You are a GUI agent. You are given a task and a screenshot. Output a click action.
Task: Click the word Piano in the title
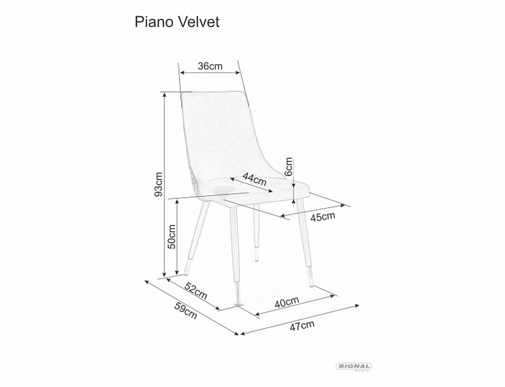153,22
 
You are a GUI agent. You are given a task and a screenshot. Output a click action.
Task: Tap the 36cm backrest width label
210,66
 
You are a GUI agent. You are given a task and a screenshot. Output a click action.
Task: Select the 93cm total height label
158,184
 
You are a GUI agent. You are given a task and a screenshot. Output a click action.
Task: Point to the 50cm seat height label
172,236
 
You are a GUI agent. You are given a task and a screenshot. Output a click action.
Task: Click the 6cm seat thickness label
289,166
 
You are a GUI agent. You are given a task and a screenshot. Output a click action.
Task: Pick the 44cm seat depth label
254,180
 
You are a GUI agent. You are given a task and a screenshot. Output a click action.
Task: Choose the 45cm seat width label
323,216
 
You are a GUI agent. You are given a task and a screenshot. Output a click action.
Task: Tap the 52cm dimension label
196,291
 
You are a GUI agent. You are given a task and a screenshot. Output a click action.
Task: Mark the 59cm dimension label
185,310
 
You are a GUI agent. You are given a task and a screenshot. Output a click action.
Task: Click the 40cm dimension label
287,302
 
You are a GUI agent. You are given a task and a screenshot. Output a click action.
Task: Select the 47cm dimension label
302,326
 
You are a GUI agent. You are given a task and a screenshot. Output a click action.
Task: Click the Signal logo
353,366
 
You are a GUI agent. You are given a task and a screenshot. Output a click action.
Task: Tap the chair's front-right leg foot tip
312,286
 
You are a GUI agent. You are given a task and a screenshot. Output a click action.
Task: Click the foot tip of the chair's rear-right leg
257,260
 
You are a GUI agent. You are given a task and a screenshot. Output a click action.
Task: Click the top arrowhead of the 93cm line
164,94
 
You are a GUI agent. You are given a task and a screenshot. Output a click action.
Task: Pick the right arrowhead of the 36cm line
239,73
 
